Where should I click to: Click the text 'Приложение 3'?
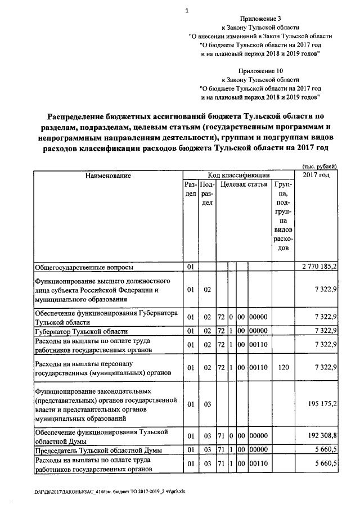tap(260, 19)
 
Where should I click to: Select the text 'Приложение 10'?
tap(260, 71)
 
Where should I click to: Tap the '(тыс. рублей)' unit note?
tap(319, 167)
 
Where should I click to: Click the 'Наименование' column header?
tap(108, 175)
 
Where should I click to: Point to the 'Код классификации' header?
tap(238, 175)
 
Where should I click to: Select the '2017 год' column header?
tap(317, 175)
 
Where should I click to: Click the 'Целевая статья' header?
tap(244, 184)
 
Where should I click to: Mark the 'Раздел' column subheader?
tap(191, 189)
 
